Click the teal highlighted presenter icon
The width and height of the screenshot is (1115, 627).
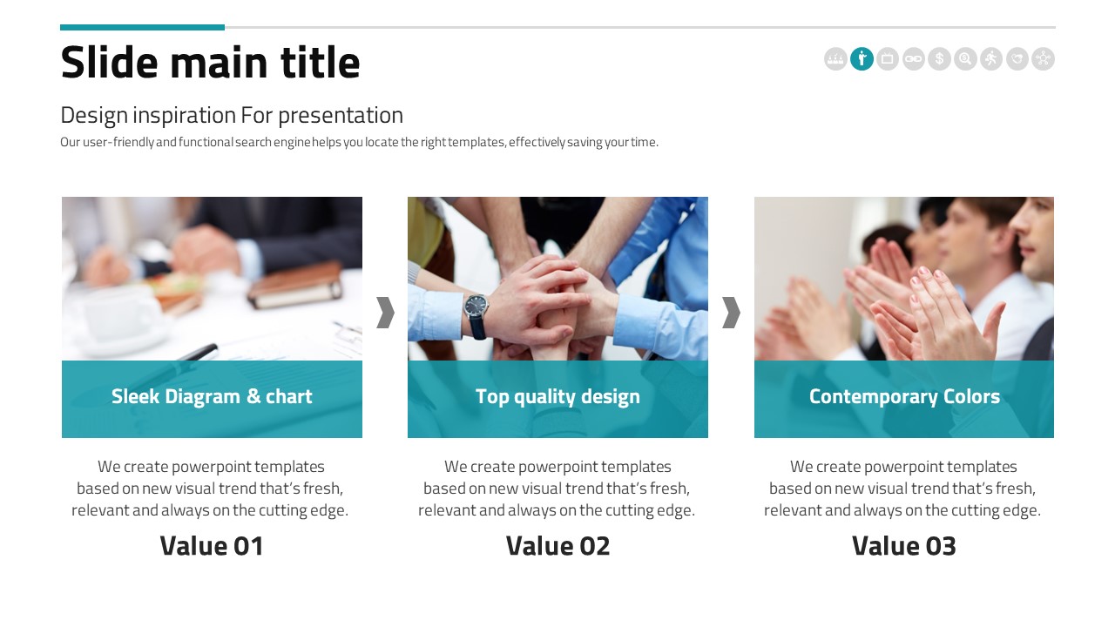pos(862,58)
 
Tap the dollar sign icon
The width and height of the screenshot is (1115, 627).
pos(939,58)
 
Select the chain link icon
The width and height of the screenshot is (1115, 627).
pos(914,58)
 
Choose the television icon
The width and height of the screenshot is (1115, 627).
pos(888,58)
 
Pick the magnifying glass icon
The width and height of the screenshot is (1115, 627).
pos(965,58)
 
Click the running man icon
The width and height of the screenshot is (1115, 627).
pos(991,58)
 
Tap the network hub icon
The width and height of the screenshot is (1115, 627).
pos(1043,58)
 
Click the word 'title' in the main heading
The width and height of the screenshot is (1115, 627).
pos(320,62)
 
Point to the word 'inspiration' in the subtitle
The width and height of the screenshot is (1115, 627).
pos(184,116)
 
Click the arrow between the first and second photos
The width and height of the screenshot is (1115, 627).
pos(385,313)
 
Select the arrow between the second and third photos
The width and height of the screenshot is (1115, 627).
pos(731,313)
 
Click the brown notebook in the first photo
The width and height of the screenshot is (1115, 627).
pos(294,285)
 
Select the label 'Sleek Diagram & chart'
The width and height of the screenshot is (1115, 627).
pos(212,396)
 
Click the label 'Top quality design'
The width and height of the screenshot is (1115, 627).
pos(557,397)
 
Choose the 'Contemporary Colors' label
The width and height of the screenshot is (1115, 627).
pos(904,397)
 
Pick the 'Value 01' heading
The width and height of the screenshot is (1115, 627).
pos(212,546)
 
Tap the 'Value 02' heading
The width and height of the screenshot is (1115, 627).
pos(557,546)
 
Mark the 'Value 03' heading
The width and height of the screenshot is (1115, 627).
pos(904,546)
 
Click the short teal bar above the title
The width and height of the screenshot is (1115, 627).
pos(142,27)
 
